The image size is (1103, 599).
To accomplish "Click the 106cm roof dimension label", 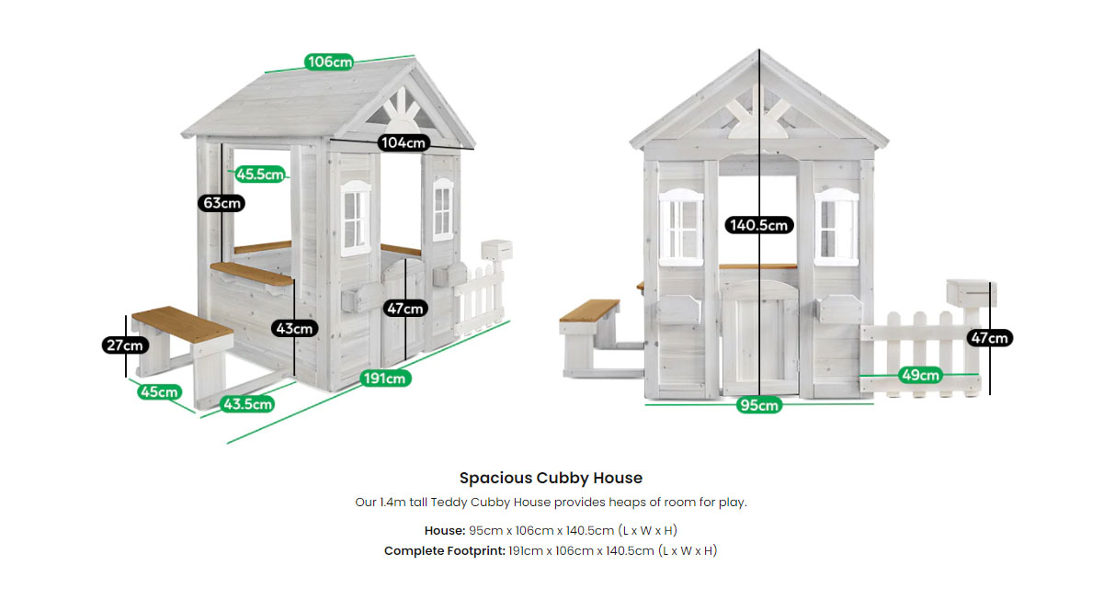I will pyautogui.click(x=329, y=62).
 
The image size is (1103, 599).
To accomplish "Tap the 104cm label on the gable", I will pyautogui.click(x=404, y=142).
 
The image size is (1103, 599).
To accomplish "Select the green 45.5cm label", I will pyautogui.click(x=260, y=174).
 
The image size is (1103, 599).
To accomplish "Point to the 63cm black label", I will pyautogui.click(x=222, y=202).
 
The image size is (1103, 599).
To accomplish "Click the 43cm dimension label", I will pyautogui.click(x=294, y=328).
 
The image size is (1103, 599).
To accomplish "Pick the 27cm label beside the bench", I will pyautogui.click(x=124, y=345).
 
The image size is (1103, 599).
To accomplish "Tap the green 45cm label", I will pyautogui.click(x=158, y=392).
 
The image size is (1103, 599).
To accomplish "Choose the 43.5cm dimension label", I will pyautogui.click(x=247, y=403).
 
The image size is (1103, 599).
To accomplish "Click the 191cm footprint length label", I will pyautogui.click(x=384, y=378).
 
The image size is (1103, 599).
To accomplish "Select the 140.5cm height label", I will pyautogui.click(x=758, y=224).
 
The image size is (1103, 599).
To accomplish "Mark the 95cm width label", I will pyautogui.click(x=758, y=405).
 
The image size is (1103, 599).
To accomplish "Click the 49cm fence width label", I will pyautogui.click(x=919, y=375).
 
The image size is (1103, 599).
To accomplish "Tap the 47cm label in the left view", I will pyautogui.click(x=404, y=309).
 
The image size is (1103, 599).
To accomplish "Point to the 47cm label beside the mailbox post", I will pyautogui.click(x=990, y=338).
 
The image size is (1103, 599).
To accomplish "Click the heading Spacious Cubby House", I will pyautogui.click(x=551, y=478).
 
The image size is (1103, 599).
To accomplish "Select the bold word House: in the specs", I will pyautogui.click(x=445, y=530).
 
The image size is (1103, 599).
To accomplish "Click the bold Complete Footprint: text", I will pyautogui.click(x=444, y=550).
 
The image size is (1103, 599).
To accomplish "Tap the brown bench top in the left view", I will pyautogui.click(x=182, y=326).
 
